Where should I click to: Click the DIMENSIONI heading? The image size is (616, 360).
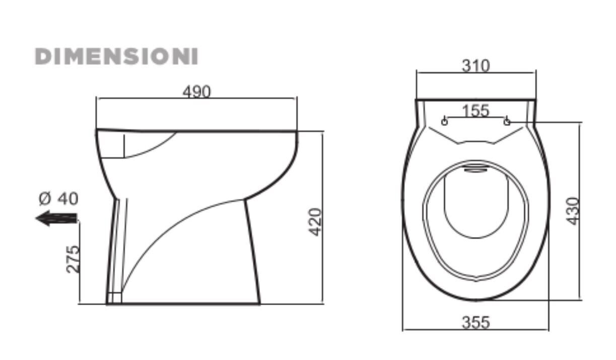(x=116, y=56)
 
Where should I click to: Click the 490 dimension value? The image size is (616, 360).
(x=196, y=92)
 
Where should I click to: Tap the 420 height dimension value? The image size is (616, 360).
(x=315, y=222)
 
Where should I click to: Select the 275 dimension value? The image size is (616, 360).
(x=73, y=259)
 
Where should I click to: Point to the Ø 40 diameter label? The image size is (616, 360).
(x=58, y=199)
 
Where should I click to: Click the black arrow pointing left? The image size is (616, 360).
(x=56, y=218)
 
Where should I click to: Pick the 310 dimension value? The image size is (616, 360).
(x=475, y=65)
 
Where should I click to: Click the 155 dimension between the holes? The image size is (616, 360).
(x=475, y=110)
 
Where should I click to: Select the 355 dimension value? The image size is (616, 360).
(x=475, y=322)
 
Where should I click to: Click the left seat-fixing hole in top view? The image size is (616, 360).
(x=444, y=121)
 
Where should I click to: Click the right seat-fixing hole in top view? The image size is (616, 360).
(x=507, y=121)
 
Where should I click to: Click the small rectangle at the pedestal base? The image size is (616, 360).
(x=115, y=298)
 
